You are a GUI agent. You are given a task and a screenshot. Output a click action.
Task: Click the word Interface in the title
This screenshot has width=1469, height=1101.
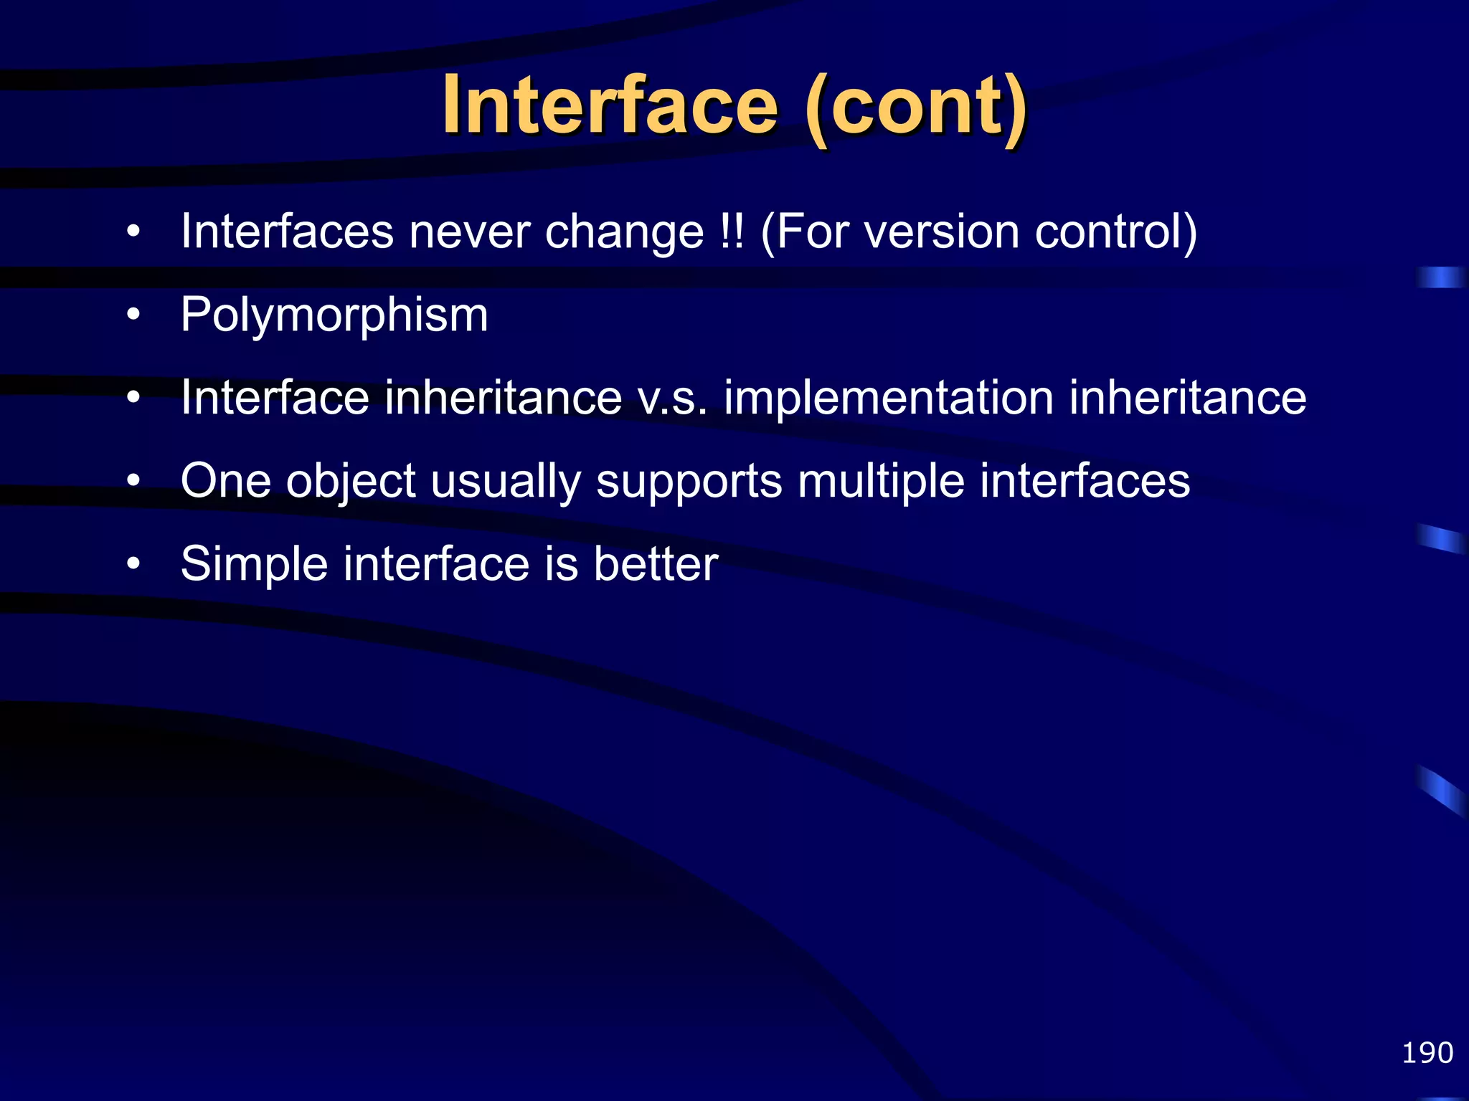pyautogui.click(x=610, y=106)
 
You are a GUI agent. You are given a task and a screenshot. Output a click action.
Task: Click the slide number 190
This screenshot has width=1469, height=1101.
pyautogui.click(x=1427, y=1053)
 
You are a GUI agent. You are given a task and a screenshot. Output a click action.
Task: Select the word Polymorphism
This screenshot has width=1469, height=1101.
pyautogui.click(x=334, y=315)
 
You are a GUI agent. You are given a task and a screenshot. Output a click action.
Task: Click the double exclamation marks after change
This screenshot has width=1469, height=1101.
pyautogui.click(x=732, y=232)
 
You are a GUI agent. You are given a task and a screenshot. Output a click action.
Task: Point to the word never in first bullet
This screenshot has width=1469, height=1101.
pyautogui.click(x=469, y=232)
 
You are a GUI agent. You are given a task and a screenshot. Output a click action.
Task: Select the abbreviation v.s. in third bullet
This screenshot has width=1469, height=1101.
pyautogui.click(x=672, y=399)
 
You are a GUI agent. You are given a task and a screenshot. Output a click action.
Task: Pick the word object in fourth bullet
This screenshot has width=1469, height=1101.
pyautogui.click(x=351, y=482)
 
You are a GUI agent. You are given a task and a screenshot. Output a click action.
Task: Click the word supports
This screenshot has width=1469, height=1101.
pyautogui.click(x=689, y=482)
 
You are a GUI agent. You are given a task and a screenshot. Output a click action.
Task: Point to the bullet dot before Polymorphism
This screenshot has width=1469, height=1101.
pyautogui.click(x=133, y=315)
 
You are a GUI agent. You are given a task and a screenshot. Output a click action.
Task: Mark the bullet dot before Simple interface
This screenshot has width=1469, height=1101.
pyautogui.click(x=133, y=565)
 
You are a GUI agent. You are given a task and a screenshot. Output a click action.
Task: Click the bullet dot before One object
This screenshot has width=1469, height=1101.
pyautogui.click(x=133, y=482)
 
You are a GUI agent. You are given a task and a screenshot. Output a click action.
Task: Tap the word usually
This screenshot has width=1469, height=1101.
pyautogui.click(x=506, y=482)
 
